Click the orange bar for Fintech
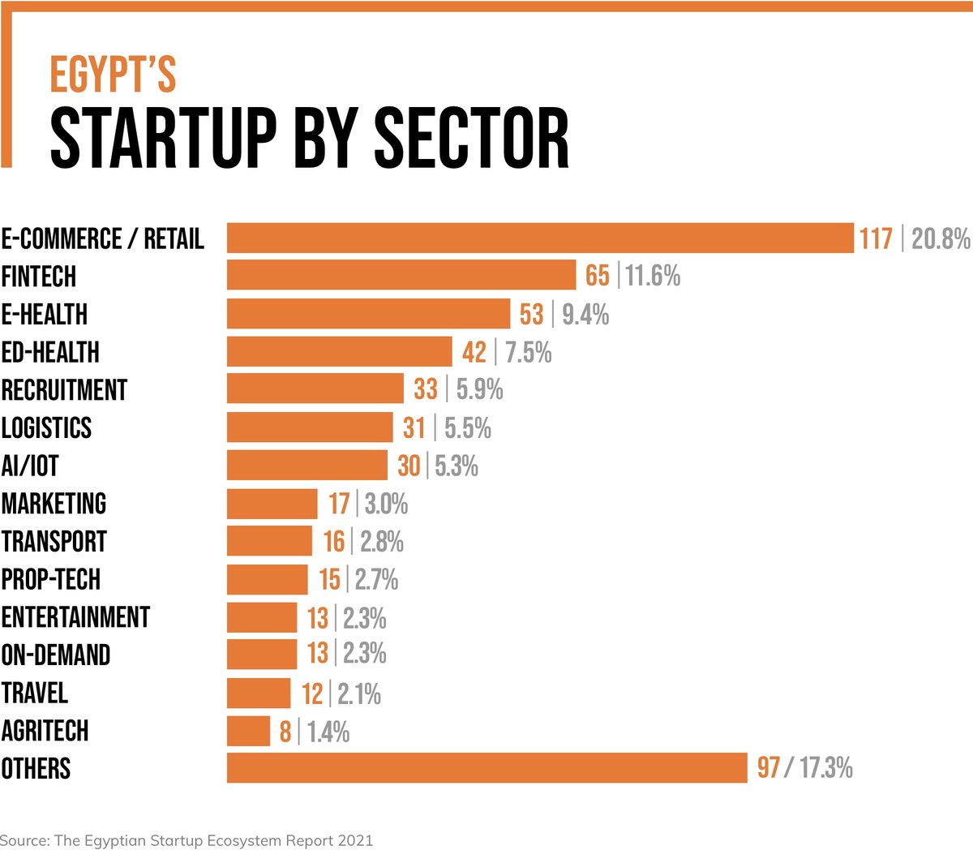[x=401, y=276]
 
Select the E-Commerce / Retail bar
[x=540, y=238]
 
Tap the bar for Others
[x=486, y=768]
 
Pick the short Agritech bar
[x=248, y=731]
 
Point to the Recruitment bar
[x=315, y=389]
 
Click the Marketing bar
[x=272, y=504]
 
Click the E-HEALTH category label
[x=45, y=315]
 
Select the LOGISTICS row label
[x=46, y=428]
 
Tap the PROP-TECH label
[x=51, y=580]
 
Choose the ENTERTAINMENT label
[x=75, y=617]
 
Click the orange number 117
[x=876, y=239]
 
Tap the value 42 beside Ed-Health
[x=474, y=353]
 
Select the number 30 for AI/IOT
[x=409, y=466]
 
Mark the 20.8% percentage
[x=941, y=239]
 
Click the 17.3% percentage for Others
[x=826, y=768]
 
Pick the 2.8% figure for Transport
[x=382, y=542]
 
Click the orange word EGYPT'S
[x=113, y=75]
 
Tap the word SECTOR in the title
[x=471, y=139]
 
